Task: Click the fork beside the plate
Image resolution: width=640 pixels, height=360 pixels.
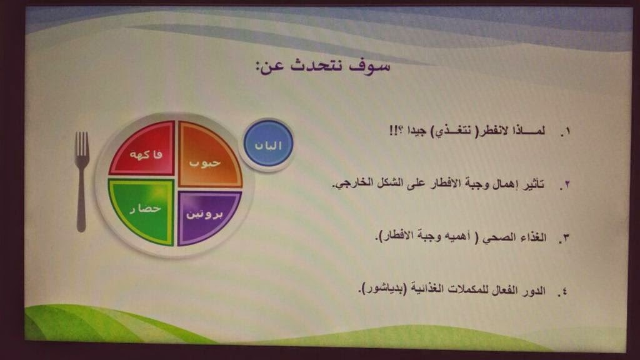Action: (82, 182)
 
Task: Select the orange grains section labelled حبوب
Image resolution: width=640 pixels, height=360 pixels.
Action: (209, 156)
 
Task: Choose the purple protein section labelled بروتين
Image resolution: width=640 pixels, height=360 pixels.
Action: (207, 217)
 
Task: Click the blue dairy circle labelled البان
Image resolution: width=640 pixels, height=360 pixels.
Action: (268, 144)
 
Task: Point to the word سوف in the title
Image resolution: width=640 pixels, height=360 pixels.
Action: (369, 65)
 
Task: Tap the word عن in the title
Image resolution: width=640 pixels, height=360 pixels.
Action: (269, 66)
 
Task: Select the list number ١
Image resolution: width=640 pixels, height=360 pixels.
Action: (565, 132)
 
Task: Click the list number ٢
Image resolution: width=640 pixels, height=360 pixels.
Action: (565, 185)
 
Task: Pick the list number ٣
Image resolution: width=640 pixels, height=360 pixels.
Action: (564, 238)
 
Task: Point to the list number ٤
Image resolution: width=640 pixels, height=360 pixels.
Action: (563, 291)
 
